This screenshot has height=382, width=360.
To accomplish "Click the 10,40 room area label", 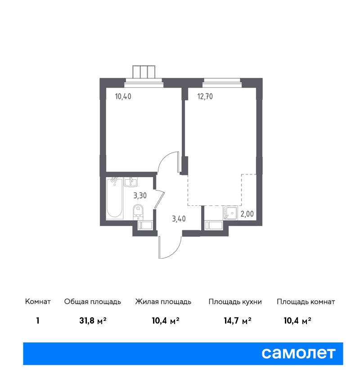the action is tap(123, 97).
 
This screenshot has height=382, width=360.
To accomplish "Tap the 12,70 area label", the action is tap(205, 97).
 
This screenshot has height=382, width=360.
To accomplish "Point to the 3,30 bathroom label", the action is tap(140, 195).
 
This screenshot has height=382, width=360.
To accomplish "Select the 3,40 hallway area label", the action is tap(179, 218).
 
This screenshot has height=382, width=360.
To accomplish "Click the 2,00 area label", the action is tap(247, 214).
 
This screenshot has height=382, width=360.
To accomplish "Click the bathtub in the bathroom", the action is tap(115, 197).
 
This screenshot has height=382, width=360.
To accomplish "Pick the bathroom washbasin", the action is tap(131, 182).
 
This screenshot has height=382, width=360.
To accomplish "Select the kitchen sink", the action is tap(230, 213).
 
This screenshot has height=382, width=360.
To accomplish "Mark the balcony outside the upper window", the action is tap(144, 72).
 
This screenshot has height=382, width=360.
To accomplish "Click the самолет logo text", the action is tap(298, 353).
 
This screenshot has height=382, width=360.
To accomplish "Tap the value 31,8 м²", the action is tap(93, 321).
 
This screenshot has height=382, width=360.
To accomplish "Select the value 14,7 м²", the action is tap(238, 321).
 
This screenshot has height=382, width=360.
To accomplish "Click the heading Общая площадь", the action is tap(92, 302).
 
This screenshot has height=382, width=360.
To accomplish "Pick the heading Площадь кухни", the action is tap(235, 302).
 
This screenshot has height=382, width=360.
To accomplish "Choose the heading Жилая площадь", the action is tap(163, 302).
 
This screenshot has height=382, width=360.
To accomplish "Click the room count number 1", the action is tap(37, 321).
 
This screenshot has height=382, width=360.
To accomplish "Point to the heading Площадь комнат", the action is tap(306, 302).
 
